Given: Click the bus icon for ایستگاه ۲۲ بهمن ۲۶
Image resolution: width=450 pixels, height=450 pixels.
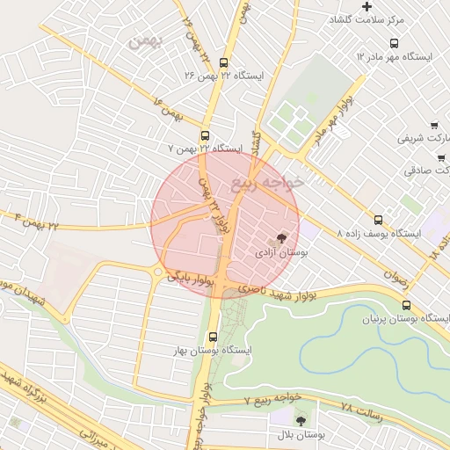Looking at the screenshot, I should (222, 62).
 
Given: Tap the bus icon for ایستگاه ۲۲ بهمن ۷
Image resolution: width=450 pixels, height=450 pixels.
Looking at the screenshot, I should (205, 135).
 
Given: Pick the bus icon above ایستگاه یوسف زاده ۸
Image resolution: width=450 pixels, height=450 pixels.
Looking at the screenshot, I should (379, 220).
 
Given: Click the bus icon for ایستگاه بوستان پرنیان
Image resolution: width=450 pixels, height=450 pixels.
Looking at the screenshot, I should (405, 305).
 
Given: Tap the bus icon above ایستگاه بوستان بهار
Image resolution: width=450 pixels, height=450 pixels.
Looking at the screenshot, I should (213, 336).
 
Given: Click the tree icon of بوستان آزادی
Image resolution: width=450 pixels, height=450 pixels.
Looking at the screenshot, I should (281, 237).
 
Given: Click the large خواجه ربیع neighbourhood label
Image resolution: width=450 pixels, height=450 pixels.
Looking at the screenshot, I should (267, 182).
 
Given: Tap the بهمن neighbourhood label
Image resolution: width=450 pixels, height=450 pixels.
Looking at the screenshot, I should (145, 40).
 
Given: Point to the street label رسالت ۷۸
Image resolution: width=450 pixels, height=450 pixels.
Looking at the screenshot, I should (361, 410).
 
